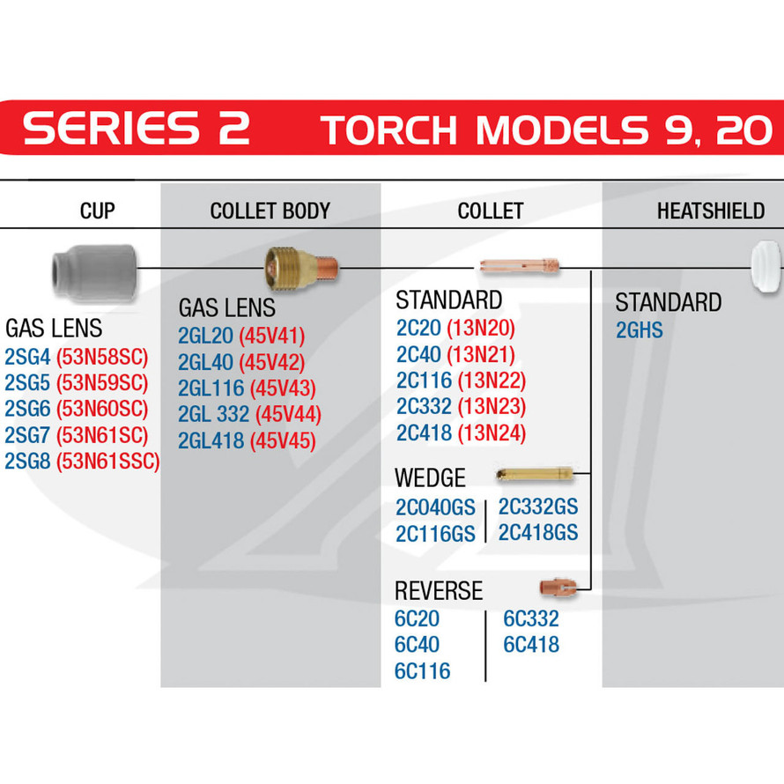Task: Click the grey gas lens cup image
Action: point(94,273)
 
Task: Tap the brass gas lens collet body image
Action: point(301,268)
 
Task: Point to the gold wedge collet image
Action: point(535,474)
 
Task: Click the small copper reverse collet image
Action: point(558,587)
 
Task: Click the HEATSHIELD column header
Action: point(711,211)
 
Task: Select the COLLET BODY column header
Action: point(270,211)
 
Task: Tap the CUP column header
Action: point(98,211)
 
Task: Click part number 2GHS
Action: point(639,330)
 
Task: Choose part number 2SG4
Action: point(27,357)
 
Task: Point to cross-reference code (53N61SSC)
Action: point(108,461)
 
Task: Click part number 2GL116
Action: point(211,388)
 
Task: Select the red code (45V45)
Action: point(283,440)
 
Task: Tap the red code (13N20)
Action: point(481,328)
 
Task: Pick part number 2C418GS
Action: point(538,532)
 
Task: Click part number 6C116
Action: point(423,671)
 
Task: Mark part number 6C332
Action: point(531,619)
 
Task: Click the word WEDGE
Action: point(430,477)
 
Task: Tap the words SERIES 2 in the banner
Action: point(136,128)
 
